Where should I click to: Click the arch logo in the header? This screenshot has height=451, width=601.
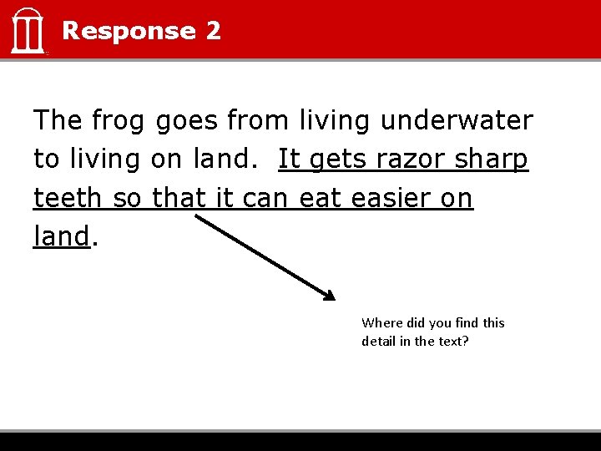(x=28, y=31)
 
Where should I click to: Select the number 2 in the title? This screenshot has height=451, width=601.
(x=213, y=31)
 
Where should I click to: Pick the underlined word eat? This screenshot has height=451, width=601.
(x=320, y=199)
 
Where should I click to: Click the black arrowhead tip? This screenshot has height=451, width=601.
(x=332, y=297)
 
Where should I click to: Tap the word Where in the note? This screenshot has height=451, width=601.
(x=381, y=322)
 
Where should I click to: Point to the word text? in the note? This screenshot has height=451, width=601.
(x=452, y=341)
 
